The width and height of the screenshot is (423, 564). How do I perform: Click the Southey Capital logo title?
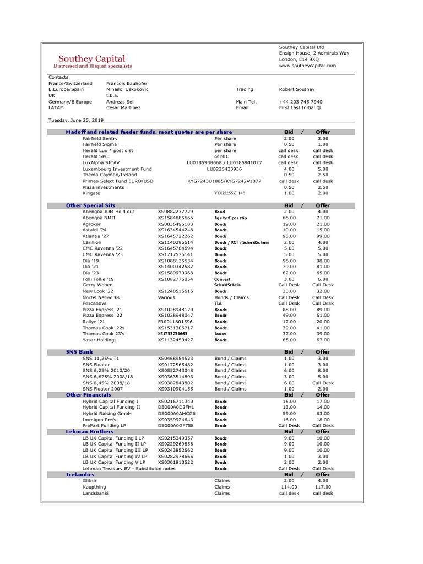click(92, 58)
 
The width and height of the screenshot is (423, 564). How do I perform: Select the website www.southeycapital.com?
click(307, 66)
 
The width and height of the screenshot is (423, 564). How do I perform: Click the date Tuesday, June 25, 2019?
click(76, 120)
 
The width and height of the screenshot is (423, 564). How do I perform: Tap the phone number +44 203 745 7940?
click(301, 101)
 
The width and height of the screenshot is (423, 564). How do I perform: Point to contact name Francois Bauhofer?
click(127, 83)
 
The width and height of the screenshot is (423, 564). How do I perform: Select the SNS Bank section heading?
click(80, 351)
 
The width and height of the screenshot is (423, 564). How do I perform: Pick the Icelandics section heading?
click(80, 474)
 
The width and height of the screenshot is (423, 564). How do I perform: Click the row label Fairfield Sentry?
click(100, 139)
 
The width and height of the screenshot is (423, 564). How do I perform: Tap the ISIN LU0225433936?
click(224, 169)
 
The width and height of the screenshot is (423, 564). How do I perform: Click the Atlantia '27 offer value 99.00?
click(323, 236)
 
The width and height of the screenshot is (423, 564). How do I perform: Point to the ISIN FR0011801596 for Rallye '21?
click(176, 322)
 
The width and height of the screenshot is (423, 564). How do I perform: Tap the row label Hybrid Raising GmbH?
click(107, 413)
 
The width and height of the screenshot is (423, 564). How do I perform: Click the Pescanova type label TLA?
click(219, 303)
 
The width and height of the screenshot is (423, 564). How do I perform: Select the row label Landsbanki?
click(95, 493)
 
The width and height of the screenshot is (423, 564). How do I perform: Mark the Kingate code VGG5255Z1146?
click(230, 193)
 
